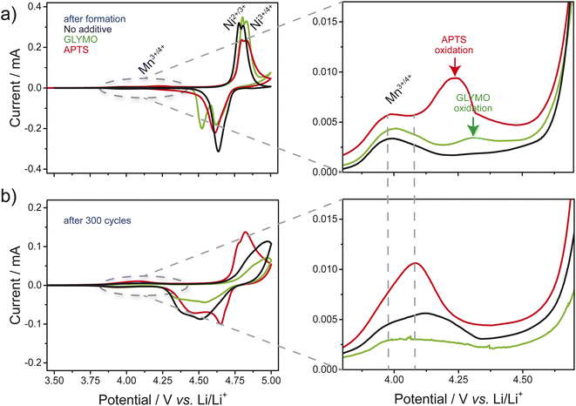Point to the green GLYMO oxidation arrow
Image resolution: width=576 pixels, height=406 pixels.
(x=472, y=127)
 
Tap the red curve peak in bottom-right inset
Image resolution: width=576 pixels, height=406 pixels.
(x=416, y=262)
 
